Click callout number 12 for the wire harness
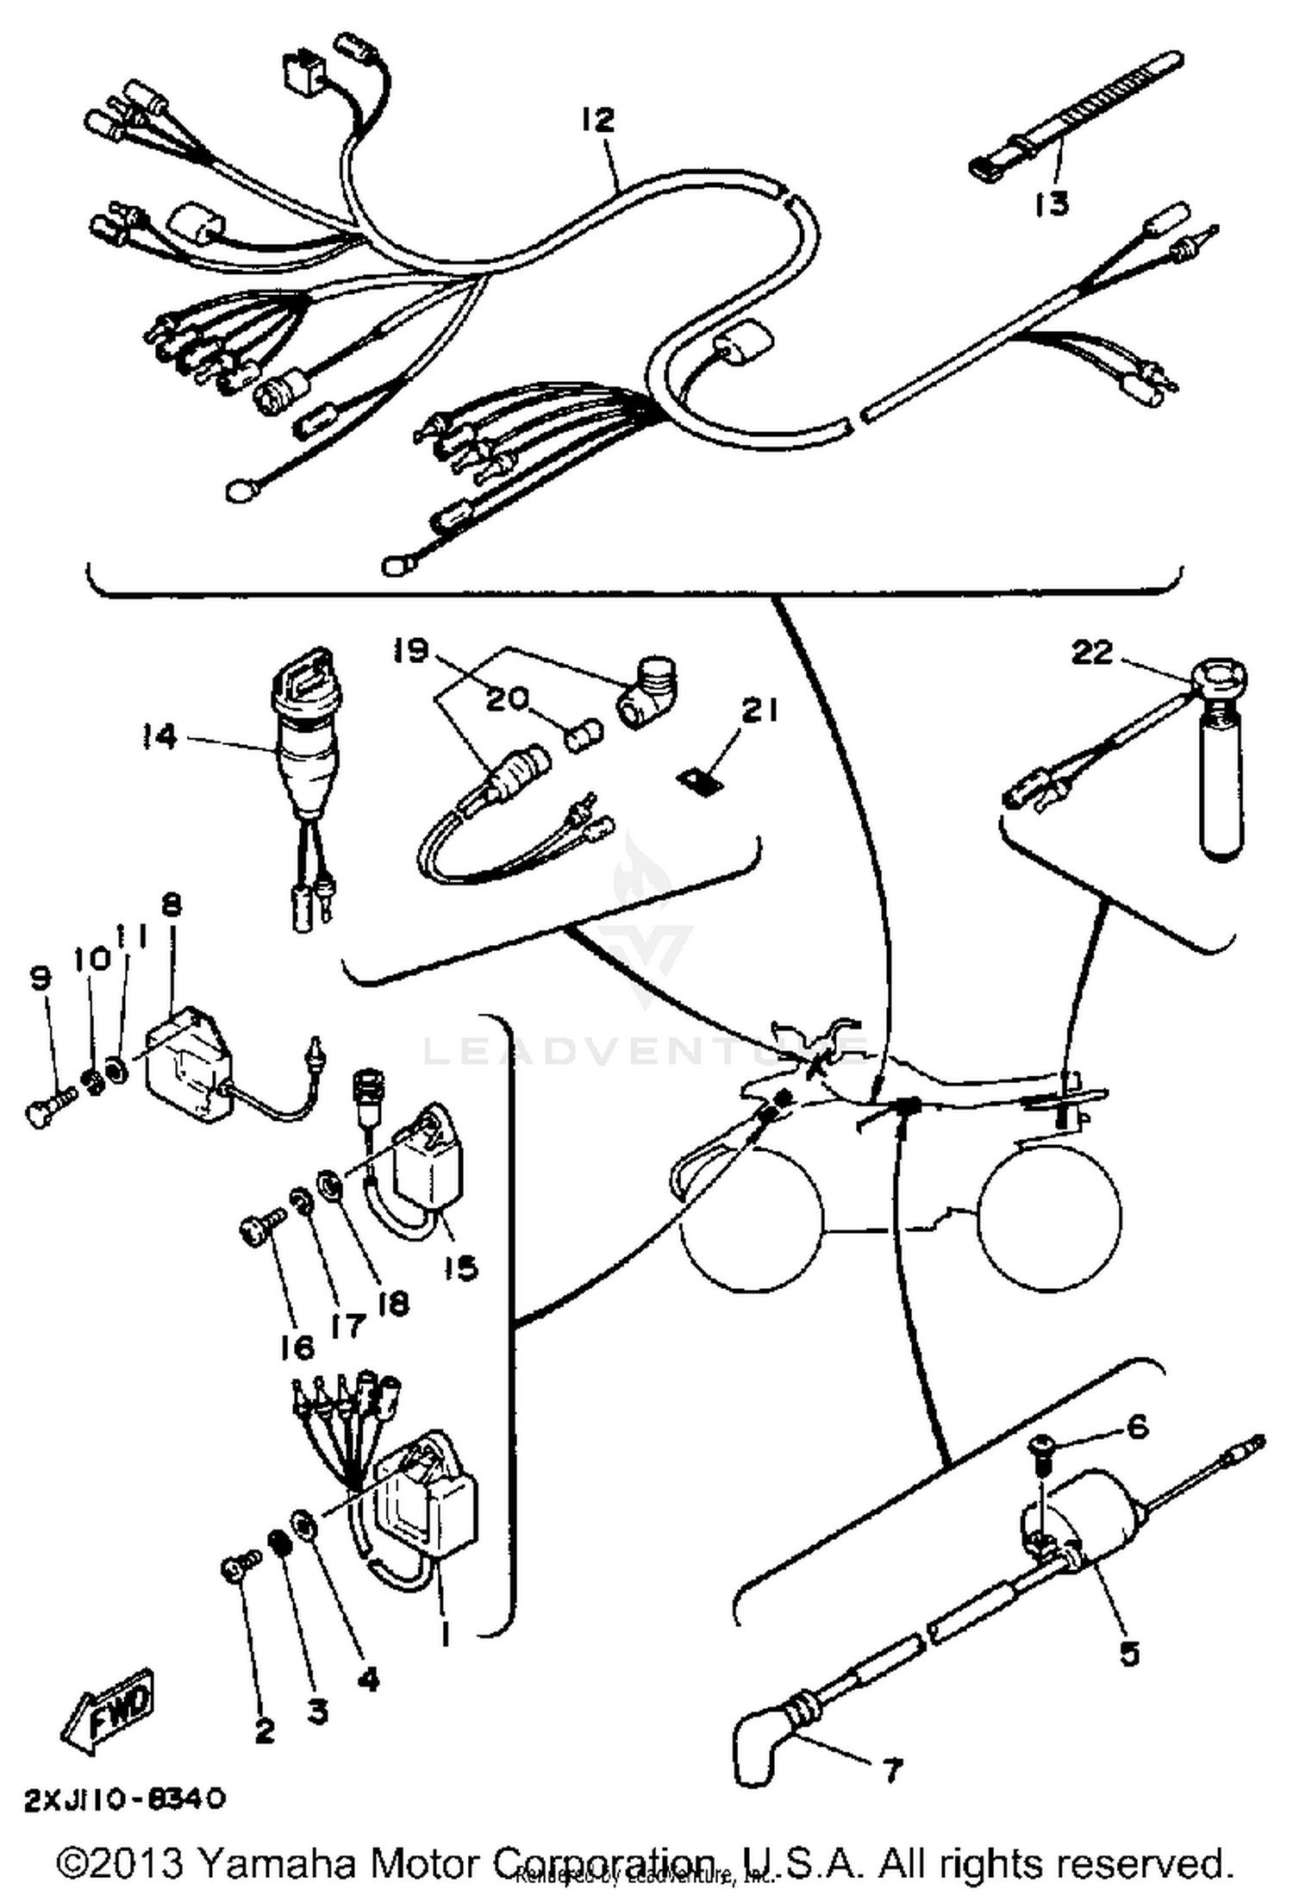(597, 120)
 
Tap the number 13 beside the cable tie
(1052, 203)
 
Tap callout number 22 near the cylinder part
(1091, 652)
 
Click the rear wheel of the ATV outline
(1052, 1217)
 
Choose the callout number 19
(410, 649)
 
